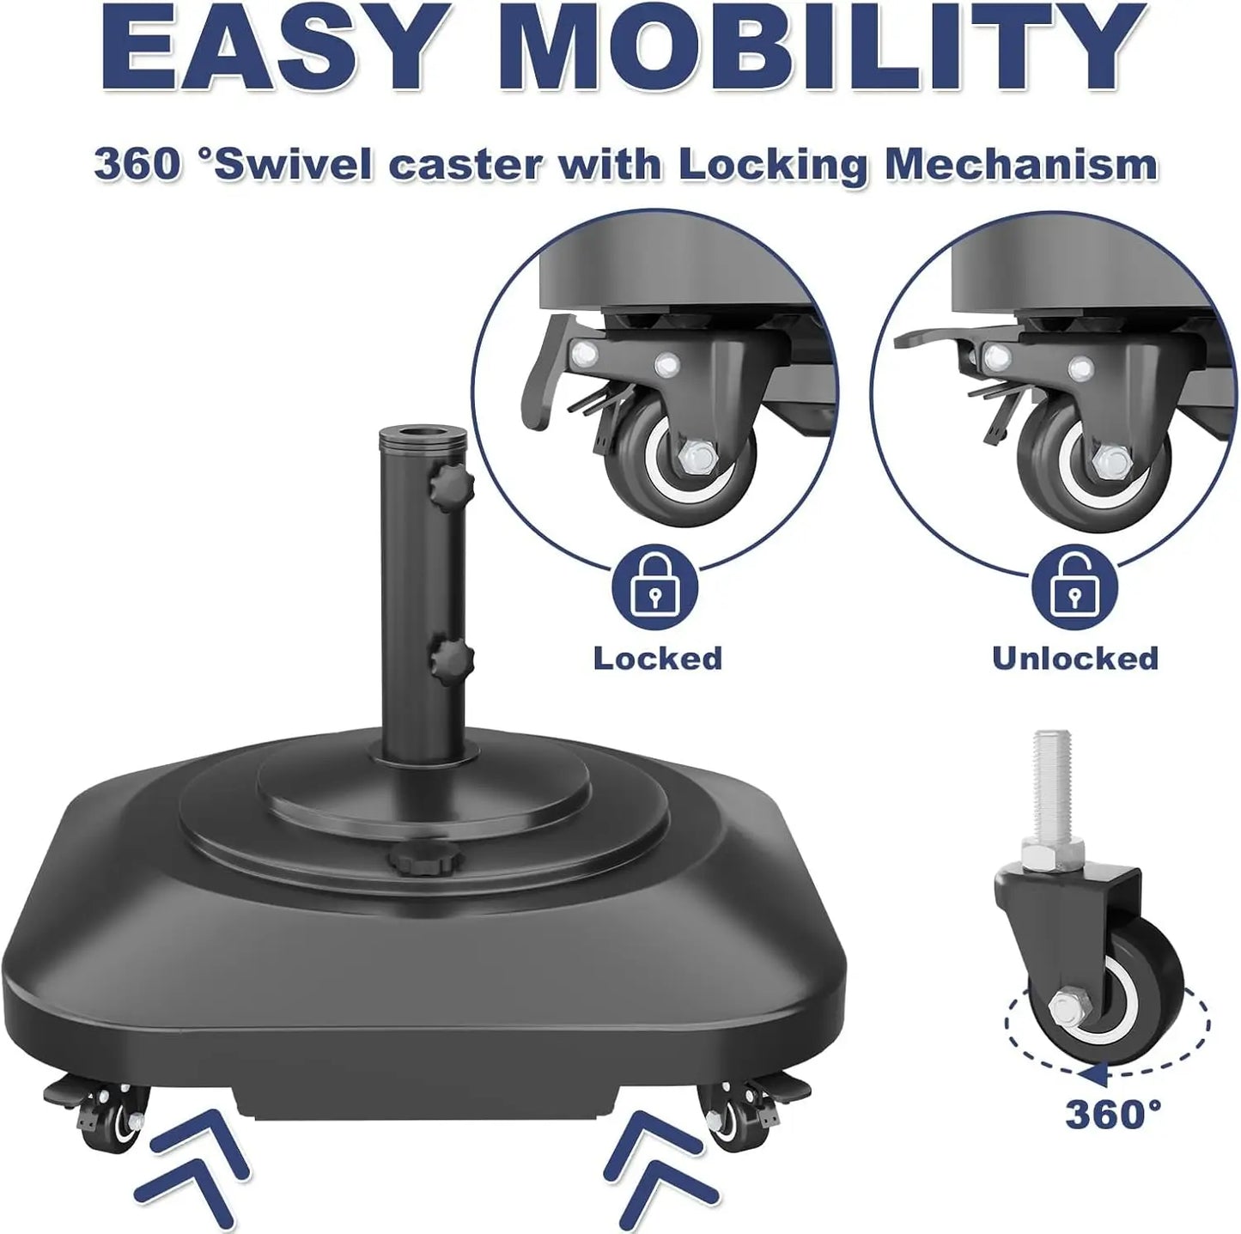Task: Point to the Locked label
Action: (x=658, y=659)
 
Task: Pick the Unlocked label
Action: (x=1075, y=659)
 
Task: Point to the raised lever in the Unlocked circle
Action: (x=932, y=337)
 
